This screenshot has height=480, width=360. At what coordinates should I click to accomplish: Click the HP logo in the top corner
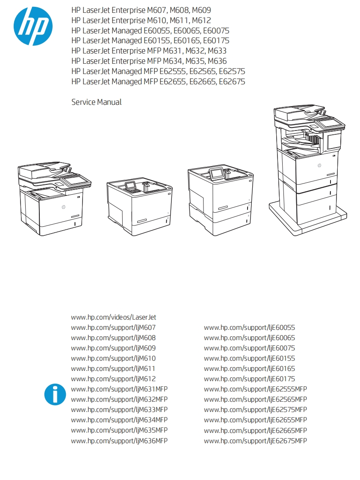tap(33, 26)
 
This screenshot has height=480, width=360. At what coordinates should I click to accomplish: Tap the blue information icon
tap(55, 394)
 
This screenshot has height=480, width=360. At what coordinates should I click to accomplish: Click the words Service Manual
tap(96, 102)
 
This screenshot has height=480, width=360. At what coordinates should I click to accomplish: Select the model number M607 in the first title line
tap(157, 10)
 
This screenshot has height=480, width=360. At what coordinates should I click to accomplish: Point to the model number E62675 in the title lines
tap(232, 81)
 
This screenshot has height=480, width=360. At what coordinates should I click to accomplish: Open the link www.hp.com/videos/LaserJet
tap(113, 317)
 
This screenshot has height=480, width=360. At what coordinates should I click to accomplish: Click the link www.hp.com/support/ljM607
tap(113, 327)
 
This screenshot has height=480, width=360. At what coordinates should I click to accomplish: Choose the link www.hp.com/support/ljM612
tap(113, 379)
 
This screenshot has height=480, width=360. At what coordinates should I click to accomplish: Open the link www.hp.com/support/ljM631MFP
tap(119, 389)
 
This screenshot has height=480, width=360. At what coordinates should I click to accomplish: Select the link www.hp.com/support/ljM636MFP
tap(119, 441)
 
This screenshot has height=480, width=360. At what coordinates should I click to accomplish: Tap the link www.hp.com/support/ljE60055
tap(249, 327)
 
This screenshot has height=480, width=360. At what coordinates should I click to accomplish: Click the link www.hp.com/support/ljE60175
tap(249, 379)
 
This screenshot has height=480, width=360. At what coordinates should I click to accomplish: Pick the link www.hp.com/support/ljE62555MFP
tap(255, 389)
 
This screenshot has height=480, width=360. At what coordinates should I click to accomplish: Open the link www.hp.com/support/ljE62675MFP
tap(255, 441)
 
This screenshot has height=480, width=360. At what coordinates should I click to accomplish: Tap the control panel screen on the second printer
tap(130, 186)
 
